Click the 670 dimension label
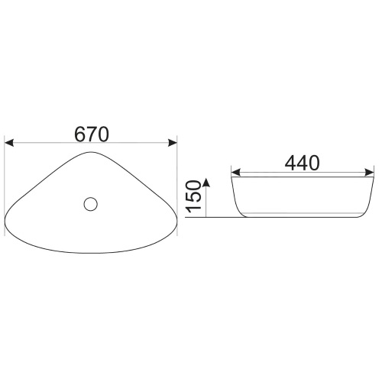(92, 134)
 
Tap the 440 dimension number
(302, 163)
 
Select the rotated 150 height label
(193, 196)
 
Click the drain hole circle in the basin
(90, 204)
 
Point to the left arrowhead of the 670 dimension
(9, 143)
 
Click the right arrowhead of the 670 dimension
(173, 143)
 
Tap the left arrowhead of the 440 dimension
(235, 172)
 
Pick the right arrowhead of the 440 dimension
(369, 172)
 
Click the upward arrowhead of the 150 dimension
(206, 183)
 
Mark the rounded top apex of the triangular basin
(90, 152)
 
